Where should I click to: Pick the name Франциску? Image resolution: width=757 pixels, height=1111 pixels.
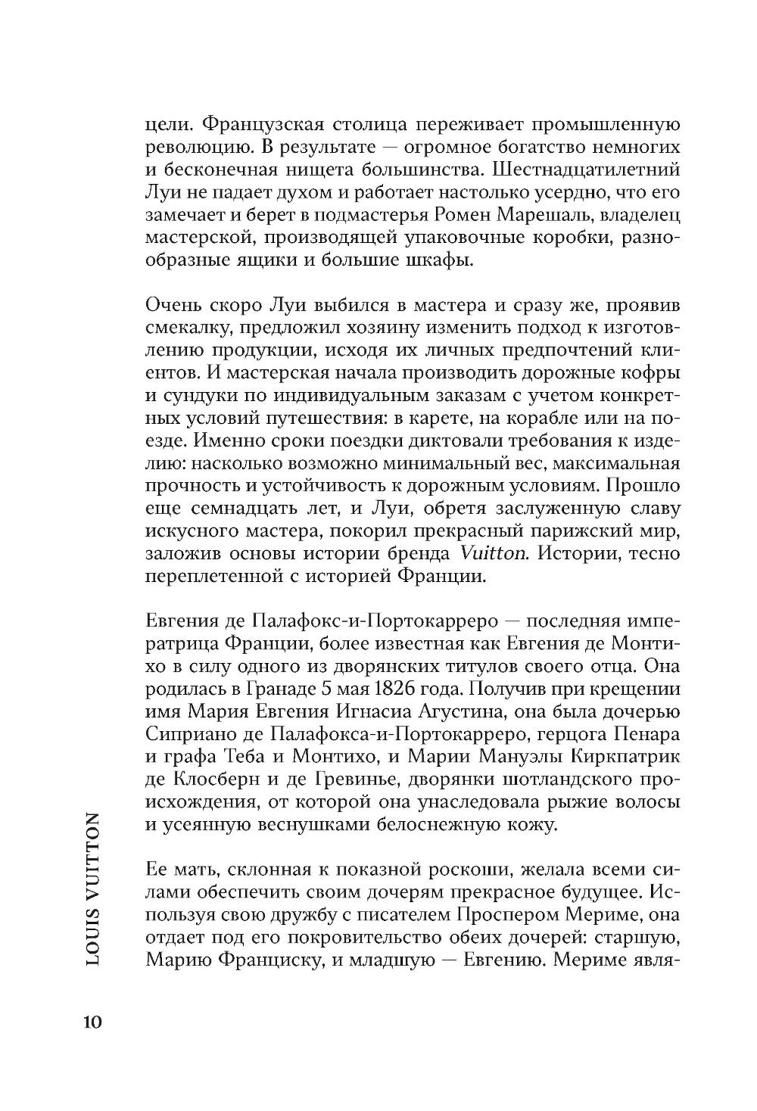click(x=266, y=960)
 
